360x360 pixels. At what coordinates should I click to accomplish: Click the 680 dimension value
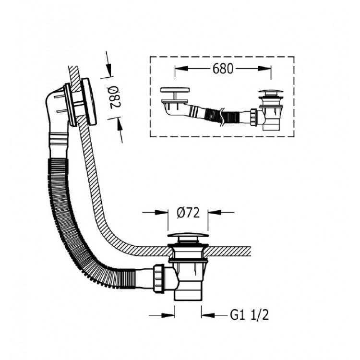coord(223,69)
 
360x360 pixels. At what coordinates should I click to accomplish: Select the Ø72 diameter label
coord(188,213)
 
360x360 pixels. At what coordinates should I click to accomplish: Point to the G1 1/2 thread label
coord(249,315)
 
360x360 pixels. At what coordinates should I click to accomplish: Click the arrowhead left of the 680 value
coord(181,69)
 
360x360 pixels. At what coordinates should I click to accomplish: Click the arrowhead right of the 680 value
coord(264,69)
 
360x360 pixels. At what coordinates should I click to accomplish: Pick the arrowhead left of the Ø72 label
coord(162,212)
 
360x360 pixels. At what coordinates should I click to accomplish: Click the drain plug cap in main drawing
coord(188,236)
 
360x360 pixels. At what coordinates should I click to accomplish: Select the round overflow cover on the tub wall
coord(89,101)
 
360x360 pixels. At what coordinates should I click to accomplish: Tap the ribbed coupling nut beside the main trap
coord(159,279)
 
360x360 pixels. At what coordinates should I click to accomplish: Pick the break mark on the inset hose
coord(222,117)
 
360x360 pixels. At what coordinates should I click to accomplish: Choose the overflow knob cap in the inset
coord(175,90)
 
